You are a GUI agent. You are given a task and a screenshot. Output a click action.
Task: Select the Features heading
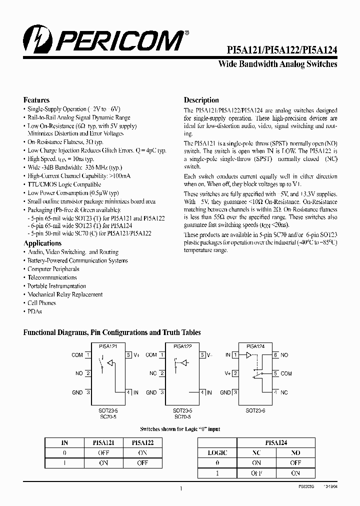click(36, 100)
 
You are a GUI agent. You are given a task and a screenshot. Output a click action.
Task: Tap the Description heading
click(201, 100)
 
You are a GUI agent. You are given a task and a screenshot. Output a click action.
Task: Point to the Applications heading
click(42, 243)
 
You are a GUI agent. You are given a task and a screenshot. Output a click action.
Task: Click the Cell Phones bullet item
click(41, 303)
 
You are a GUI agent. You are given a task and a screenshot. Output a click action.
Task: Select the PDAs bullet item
click(34, 311)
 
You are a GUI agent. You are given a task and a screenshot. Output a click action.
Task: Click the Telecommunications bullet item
click(52, 277)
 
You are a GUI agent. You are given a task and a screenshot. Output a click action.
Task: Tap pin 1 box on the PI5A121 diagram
click(87, 355)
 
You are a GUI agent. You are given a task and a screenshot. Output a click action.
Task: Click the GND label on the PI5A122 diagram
click(151, 392)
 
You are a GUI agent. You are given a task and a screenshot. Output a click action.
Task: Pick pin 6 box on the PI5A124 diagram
click(275, 355)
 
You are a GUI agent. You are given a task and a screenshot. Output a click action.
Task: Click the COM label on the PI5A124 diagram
click(286, 373)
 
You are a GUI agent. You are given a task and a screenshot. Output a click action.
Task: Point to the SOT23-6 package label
click(256, 410)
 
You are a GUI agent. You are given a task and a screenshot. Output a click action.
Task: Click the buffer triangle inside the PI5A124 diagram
click(248, 355)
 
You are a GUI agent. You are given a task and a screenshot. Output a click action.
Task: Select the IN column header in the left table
click(64, 442)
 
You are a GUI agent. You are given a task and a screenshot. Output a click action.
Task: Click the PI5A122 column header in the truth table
click(142, 442)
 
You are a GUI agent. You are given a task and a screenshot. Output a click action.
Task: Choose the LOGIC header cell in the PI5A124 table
click(217, 453)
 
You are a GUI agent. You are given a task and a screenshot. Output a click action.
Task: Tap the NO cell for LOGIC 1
click(295, 473)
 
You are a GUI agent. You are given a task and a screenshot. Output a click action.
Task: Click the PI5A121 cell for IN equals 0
click(103, 453)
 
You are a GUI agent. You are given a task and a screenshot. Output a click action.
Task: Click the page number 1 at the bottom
click(180, 488)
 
